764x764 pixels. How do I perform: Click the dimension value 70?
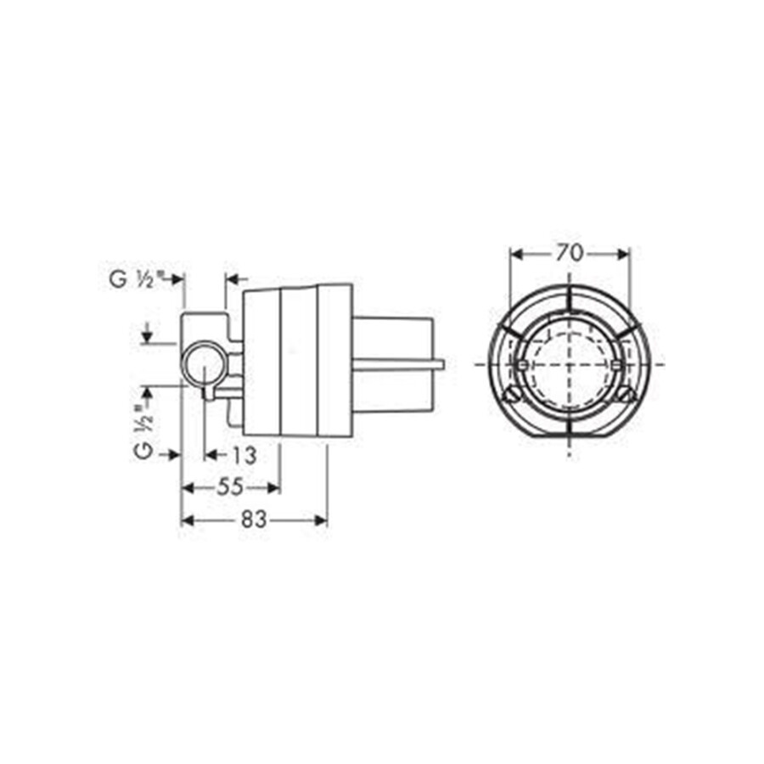[569, 252]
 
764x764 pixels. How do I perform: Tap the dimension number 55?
[230, 486]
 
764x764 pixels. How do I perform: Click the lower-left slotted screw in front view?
[512, 393]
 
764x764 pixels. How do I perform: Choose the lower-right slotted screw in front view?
[626, 393]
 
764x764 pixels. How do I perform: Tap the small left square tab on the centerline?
[520, 364]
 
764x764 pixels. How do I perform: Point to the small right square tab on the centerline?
[617, 364]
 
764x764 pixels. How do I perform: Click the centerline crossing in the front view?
[569, 363]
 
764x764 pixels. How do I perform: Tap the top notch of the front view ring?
[569, 284]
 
